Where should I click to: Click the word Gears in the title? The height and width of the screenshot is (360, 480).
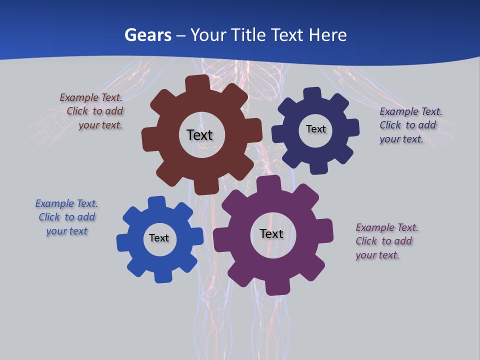pyautogui.click(x=148, y=35)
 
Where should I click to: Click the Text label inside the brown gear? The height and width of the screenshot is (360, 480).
pyautogui.click(x=199, y=135)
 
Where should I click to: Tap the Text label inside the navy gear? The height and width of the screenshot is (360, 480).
pyautogui.click(x=315, y=129)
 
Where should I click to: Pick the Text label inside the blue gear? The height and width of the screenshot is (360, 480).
pyautogui.click(x=159, y=238)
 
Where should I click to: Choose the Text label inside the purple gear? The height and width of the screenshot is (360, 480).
pyautogui.click(x=271, y=233)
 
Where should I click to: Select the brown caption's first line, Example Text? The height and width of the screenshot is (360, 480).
pyautogui.click(x=91, y=97)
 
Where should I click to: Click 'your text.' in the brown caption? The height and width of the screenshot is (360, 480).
pyautogui.click(x=100, y=125)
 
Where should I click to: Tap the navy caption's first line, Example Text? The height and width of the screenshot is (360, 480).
pyautogui.click(x=411, y=111)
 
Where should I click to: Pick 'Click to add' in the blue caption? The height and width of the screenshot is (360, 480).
pyautogui.click(x=67, y=217)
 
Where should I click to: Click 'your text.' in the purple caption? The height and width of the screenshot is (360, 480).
pyautogui.click(x=377, y=255)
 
